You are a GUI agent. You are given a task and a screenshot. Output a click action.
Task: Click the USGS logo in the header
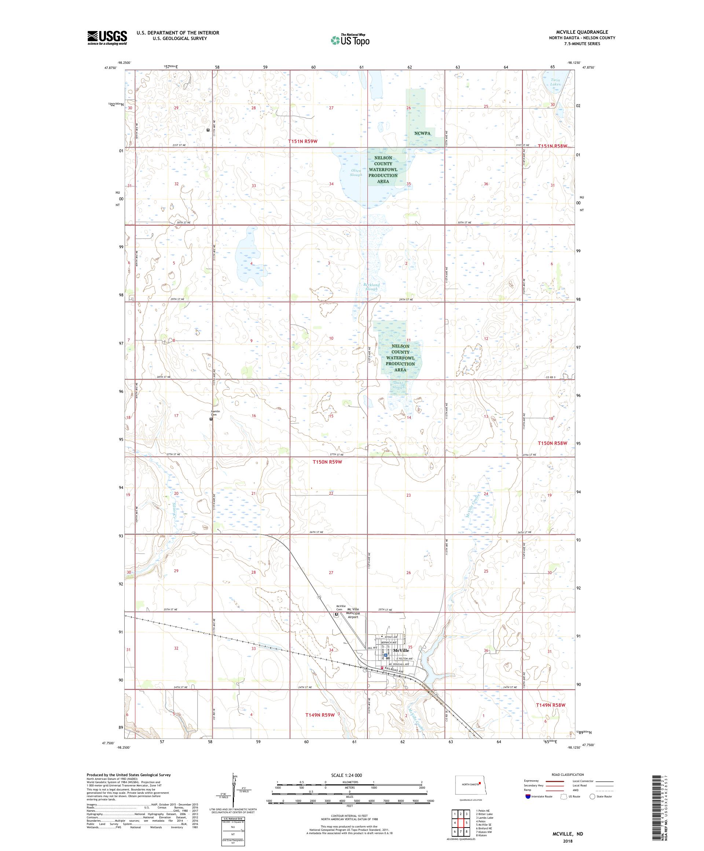pos(107,38)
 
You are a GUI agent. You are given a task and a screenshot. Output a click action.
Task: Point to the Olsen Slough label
pos(356,173)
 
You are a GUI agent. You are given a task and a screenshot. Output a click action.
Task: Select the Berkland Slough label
pos(371,287)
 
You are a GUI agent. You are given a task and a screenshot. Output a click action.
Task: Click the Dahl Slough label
pos(398,385)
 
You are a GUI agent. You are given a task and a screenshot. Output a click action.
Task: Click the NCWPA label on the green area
pos(422,133)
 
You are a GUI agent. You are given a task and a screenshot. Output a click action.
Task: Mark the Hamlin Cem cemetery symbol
pos(210,419)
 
